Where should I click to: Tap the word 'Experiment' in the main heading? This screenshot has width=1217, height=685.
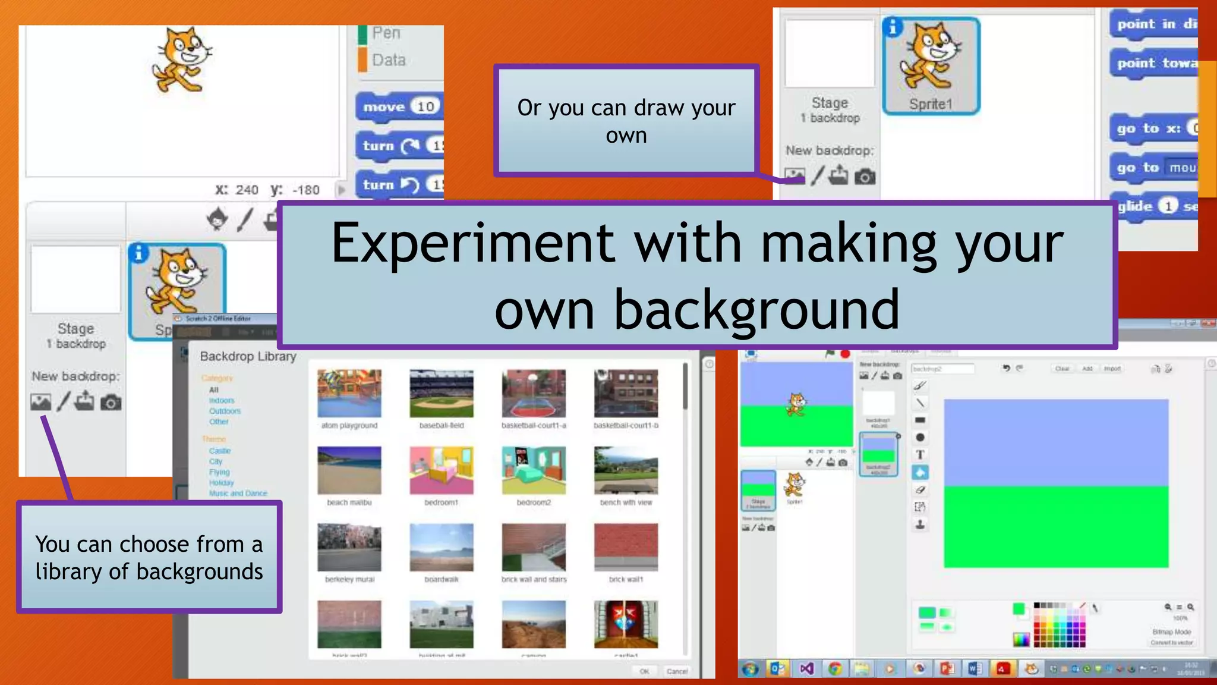tap(472, 243)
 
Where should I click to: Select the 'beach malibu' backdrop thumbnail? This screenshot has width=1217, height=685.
tap(349, 470)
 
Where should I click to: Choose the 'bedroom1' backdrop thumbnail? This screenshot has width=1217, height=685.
tap(442, 470)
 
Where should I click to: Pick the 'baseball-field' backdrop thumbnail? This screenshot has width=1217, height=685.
tap(442, 393)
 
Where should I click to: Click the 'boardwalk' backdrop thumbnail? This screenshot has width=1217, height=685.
tap(442, 547)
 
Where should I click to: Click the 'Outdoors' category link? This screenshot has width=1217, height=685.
tap(225, 411)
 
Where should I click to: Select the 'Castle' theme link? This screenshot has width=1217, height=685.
tap(220, 451)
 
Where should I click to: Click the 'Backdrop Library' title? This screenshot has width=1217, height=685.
tap(248, 356)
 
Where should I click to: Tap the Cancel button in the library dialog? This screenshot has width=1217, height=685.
tap(677, 671)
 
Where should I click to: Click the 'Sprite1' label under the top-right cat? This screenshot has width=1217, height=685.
tap(931, 105)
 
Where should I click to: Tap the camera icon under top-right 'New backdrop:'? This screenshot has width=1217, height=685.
tap(865, 177)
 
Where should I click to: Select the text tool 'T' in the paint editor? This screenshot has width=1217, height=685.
tap(920, 455)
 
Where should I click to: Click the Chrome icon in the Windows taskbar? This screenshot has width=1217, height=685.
tap(835, 669)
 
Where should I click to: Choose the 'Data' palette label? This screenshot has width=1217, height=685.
tap(389, 60)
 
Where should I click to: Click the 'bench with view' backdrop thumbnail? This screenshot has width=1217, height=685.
tap(626, 470)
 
